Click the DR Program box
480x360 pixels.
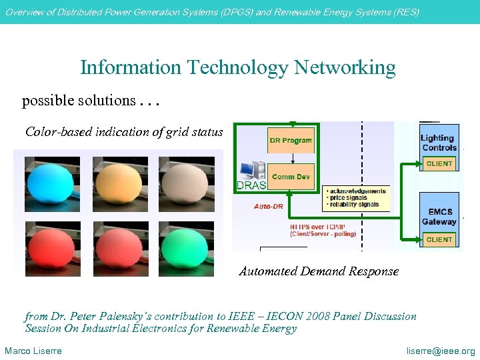tap(291, 140)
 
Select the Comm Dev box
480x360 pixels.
tap(292, 177)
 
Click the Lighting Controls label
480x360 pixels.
tap(438, 143)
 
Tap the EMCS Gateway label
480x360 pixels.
tap(439, 217)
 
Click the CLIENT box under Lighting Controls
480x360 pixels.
tap(439, 163)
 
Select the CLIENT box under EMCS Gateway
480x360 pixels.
tap(439, 239)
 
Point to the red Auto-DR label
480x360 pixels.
tap(269, 207)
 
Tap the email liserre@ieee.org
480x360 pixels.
tap(441, 351)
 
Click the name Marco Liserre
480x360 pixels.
tap(33, 351)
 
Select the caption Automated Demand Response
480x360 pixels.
tap(319, 271)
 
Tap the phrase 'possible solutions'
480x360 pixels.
tap(79, 101)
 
